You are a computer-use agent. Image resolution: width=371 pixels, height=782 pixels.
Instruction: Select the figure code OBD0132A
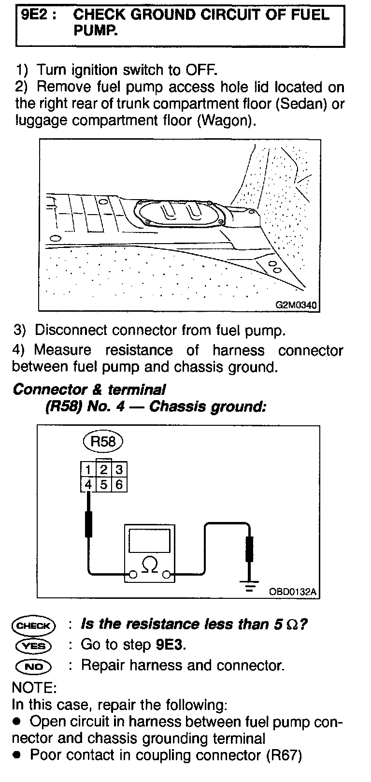coord(294,591)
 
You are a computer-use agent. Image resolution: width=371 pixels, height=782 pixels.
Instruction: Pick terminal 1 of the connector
coord(88,469)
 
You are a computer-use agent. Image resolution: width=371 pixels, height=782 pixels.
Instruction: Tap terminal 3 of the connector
coord(119,469)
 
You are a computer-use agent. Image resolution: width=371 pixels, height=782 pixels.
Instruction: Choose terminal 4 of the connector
coord(88,484)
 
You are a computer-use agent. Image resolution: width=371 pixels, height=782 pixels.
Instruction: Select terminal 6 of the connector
coord(119,484)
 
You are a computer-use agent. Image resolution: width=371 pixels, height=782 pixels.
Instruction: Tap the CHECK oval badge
coord(33,625)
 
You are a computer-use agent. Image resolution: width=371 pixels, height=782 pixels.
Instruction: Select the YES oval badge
coord(33,646)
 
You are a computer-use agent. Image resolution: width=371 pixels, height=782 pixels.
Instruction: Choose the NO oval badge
coord(33,666)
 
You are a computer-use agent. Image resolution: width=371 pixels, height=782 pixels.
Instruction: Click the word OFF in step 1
coord(200,70)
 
